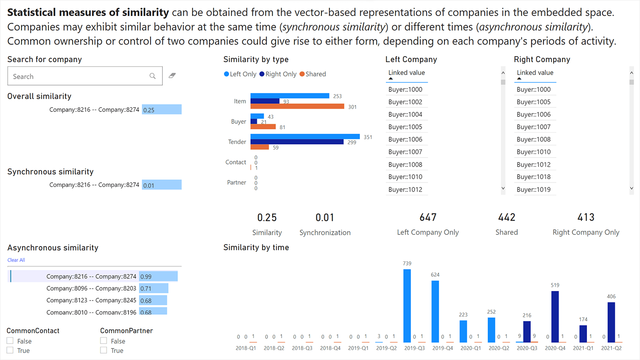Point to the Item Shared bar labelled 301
297,106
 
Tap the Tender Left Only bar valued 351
305,137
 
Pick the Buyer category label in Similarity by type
239,122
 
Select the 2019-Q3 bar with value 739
407,305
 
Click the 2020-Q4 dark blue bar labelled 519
555,316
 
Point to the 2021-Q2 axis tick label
611,348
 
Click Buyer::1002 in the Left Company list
405,102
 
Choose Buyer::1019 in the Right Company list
533,190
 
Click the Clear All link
16,260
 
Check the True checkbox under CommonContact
10,350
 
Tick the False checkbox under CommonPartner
103,341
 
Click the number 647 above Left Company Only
428,217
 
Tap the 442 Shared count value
507,217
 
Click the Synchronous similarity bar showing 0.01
161,185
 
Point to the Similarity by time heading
256,248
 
